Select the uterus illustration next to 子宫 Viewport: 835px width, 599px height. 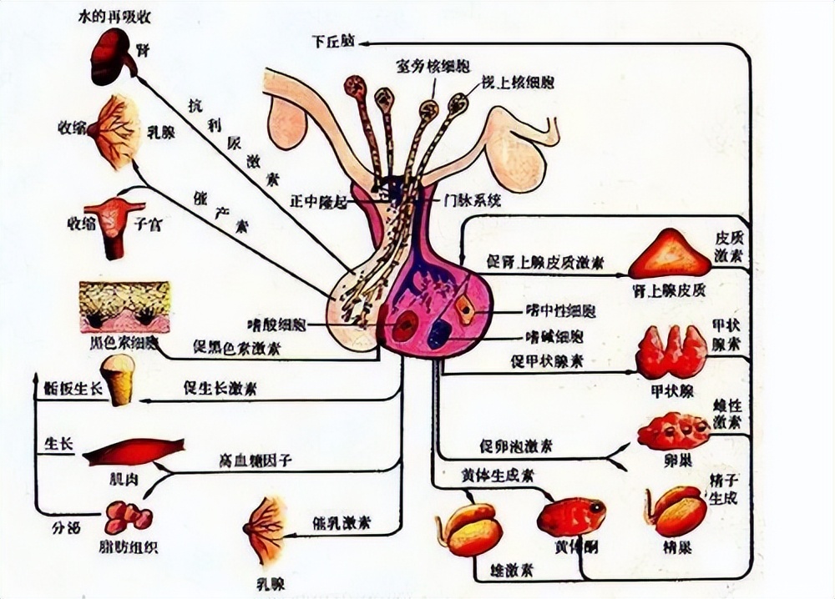(113, 225)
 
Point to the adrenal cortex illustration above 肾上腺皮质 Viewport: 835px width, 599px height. (670, 255)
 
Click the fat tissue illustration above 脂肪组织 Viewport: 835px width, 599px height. (127, 516)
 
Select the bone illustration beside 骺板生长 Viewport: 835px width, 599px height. (121, 380)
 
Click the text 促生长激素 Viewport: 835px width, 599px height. (219, 388)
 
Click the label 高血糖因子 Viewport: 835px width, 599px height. (256, 460)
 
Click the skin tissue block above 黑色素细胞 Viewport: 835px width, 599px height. (124, 307)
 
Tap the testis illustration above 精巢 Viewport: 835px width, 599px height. (676, 511)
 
